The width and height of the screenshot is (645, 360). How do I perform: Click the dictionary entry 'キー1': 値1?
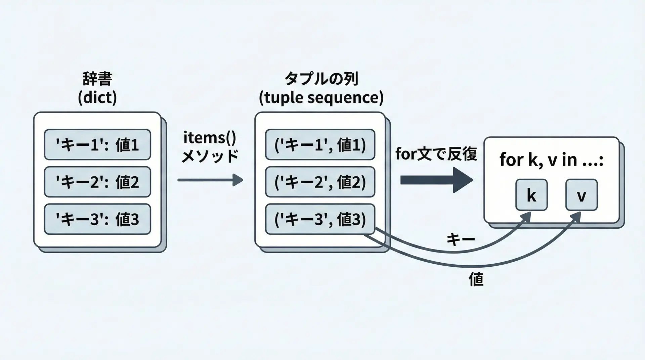(x=97, y=145)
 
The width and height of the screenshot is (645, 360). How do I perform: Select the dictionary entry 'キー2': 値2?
(x=97, y=182)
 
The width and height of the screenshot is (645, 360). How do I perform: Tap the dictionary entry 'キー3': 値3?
(x=97, y=219)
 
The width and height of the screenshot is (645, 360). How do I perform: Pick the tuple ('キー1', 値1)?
(x=320, y=145)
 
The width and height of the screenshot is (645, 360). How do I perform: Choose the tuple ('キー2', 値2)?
(x=320, y=182)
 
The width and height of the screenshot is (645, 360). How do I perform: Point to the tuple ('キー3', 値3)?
(x=320, y=219)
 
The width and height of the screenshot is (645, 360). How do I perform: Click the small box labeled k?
(x=531, y=195)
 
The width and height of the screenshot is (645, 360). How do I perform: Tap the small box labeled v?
(x=581, y=195)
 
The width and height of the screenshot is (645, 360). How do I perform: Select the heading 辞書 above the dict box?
(x=97, y=79)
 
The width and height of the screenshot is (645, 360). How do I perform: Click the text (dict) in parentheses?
(x=97, y=98)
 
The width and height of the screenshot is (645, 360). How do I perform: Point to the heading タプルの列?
(x=321, y=79)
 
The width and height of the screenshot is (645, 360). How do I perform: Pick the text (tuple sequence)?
(x=321, y=98)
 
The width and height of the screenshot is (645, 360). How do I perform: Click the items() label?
(x=210, y=138)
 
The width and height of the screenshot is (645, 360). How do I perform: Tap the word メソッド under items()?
(x=210, y=156)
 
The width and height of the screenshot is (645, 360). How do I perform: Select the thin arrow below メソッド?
(x=210, y=180)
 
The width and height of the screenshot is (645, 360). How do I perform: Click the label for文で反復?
(x=436, y=154)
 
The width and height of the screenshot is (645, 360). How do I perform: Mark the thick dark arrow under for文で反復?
(x=436, y=180)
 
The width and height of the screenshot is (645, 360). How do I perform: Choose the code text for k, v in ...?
(x=551, y=160)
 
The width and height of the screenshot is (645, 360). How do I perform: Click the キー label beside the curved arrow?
(x=461, y=239)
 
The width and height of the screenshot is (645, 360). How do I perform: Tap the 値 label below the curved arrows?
(x=476, y=279)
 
